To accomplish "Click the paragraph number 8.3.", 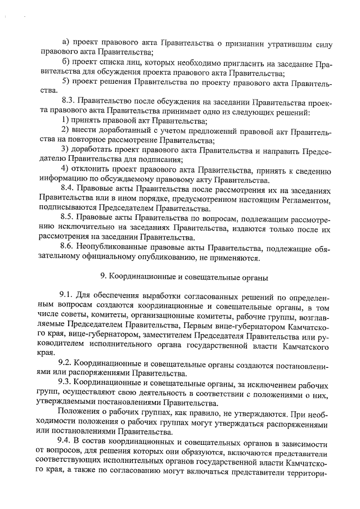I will [x=68, y=103].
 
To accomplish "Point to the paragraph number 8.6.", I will [x=68, y=247].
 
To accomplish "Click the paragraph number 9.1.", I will [x=67, y=296].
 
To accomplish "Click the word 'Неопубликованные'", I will [x=118, y=247].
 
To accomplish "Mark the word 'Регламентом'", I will [x=295, y=199].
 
